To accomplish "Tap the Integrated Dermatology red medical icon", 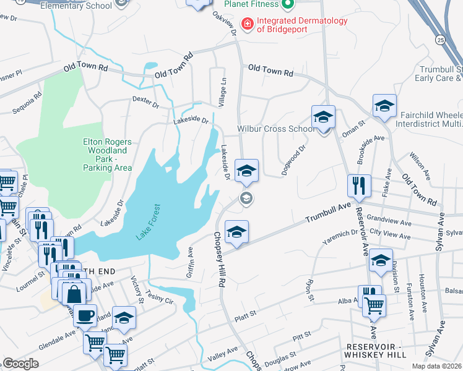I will [x=248, y=23].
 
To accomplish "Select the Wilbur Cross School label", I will [x=275, y=129].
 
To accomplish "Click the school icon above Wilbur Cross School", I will [x=323, y=117].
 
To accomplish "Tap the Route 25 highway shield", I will [x=440, y=39].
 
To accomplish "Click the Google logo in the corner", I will [x=20, y=363].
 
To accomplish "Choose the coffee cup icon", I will [x=85, y=315].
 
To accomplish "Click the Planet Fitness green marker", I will [x=287, y=5].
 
